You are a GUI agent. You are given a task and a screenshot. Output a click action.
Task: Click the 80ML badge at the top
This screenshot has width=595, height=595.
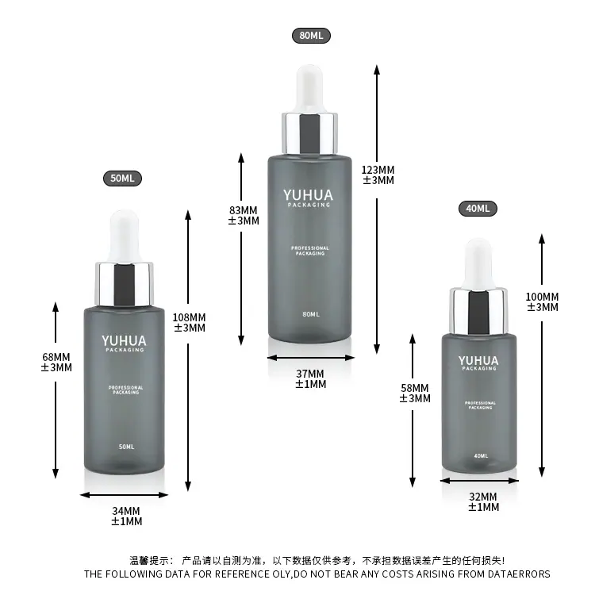point(311,36)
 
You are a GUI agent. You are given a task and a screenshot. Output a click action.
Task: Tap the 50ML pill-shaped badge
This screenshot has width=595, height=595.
point(122,178)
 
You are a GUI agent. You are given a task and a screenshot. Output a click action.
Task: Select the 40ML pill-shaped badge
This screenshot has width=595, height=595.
point(478,209)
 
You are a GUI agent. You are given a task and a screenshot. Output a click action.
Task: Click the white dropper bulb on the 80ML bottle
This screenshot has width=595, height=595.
point(310,89)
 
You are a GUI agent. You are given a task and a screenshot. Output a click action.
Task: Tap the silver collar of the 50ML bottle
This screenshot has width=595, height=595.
point(124,284)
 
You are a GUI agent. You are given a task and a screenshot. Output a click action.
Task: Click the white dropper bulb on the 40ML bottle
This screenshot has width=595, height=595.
point(478,263)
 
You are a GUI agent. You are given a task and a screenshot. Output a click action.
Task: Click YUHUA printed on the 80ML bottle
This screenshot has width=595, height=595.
point(308,195)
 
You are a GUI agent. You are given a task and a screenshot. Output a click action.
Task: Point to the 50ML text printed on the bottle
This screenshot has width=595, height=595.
point(126,447)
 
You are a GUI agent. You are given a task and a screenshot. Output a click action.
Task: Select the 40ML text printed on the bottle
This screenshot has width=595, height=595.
point(481,455)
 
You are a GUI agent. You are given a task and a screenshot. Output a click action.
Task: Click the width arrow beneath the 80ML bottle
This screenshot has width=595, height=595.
point(311,358)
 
